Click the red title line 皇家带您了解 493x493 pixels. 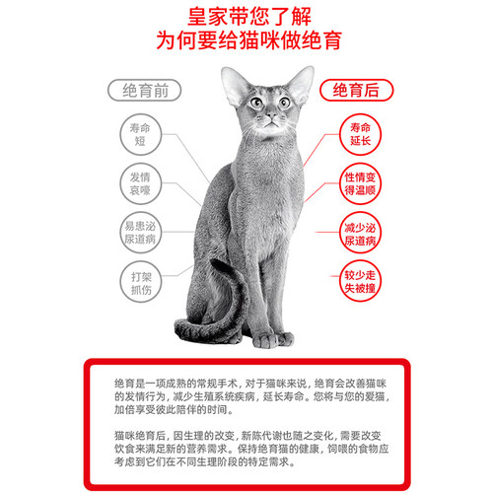[x=246, y=18]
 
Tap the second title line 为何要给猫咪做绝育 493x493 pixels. [x=246, y=43]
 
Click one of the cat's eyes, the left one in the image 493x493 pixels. [x=255, y=102]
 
